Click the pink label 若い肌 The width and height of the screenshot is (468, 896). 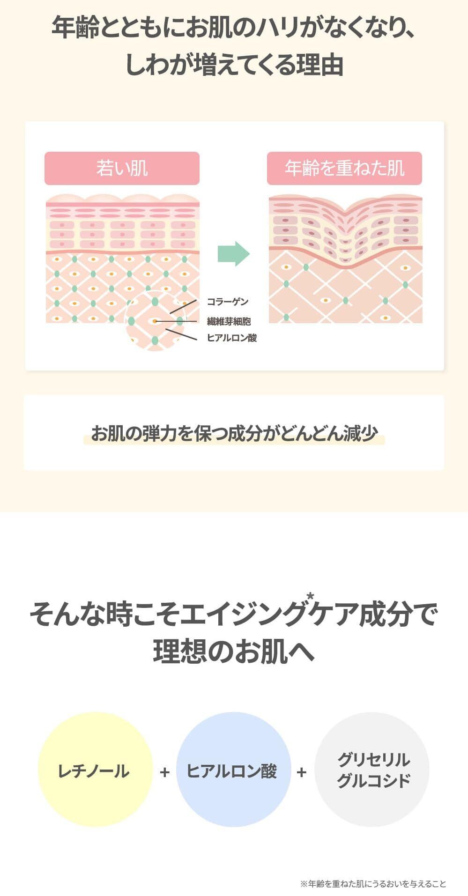point(122,168)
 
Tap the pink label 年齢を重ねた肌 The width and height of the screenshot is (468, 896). point(344,168)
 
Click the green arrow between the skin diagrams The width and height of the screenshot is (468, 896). point(234,254)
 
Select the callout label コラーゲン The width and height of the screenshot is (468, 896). point(227,302)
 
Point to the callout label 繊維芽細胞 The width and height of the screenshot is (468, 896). point(229,321)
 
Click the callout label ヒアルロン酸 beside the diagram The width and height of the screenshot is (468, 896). point(232,338)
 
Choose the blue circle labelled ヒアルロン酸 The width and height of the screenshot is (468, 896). point(233,770)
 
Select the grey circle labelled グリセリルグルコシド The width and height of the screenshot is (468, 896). point(372,770)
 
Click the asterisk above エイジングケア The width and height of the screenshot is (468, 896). point(310,597)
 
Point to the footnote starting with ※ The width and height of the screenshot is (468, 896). point(373,884)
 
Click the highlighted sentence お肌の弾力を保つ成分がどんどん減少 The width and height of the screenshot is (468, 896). point(234,433)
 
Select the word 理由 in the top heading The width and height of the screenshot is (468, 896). point(320,65)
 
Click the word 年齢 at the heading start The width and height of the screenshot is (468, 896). point(75,28)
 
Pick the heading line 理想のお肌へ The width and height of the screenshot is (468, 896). point(234,651)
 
